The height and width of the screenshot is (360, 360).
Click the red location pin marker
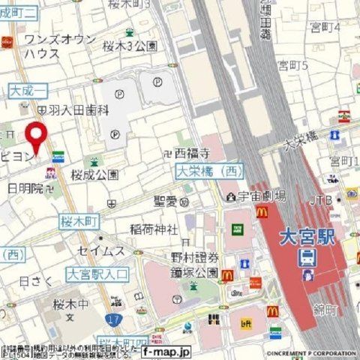click(x=36, y=135)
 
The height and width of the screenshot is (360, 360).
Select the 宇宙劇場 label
click(x=262, y=196)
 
